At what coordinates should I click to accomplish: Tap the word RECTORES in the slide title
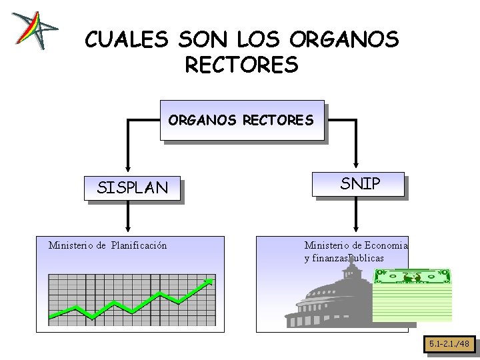tap(240, 65)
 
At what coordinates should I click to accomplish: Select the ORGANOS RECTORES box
tap(241, 120)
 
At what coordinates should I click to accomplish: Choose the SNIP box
tap(360, 184)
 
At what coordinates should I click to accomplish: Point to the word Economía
tap(387, 245)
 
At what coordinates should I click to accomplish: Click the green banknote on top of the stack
tap(412, 275)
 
